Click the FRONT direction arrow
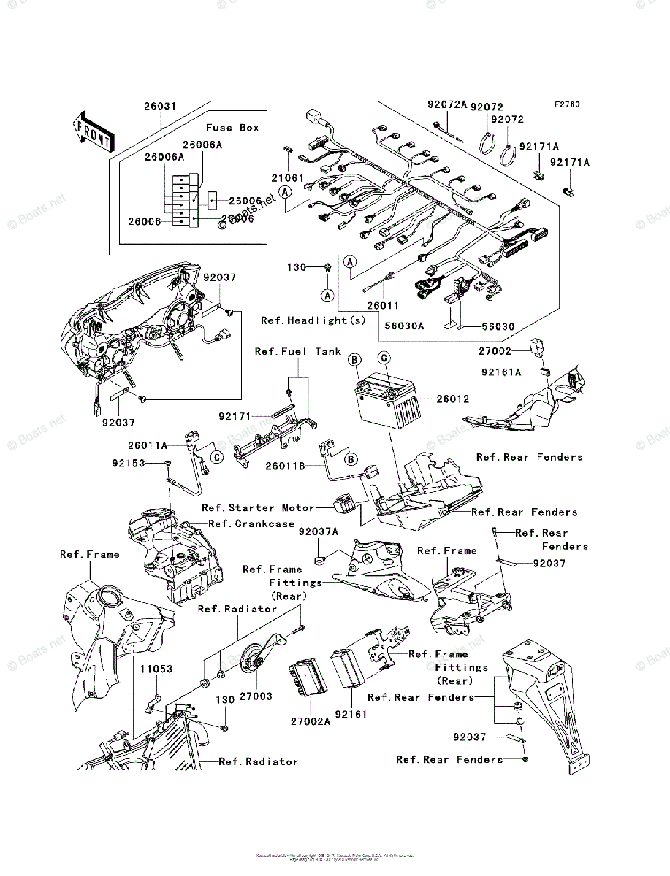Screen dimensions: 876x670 click(91, 131)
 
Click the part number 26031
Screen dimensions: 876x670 click(159, 107)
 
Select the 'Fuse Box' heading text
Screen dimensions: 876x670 click(232, 127)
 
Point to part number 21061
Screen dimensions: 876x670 click(288, 177)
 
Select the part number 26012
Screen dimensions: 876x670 click(453, 399)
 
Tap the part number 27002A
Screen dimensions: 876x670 click(311, 719)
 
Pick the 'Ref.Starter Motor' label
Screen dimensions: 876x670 click(258, 507)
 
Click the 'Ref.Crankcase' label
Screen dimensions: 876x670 click(251, 523)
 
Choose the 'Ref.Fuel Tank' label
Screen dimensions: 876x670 click(297, 352)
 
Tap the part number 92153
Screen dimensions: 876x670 click(129, 463)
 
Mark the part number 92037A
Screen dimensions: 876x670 click(318, 532)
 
